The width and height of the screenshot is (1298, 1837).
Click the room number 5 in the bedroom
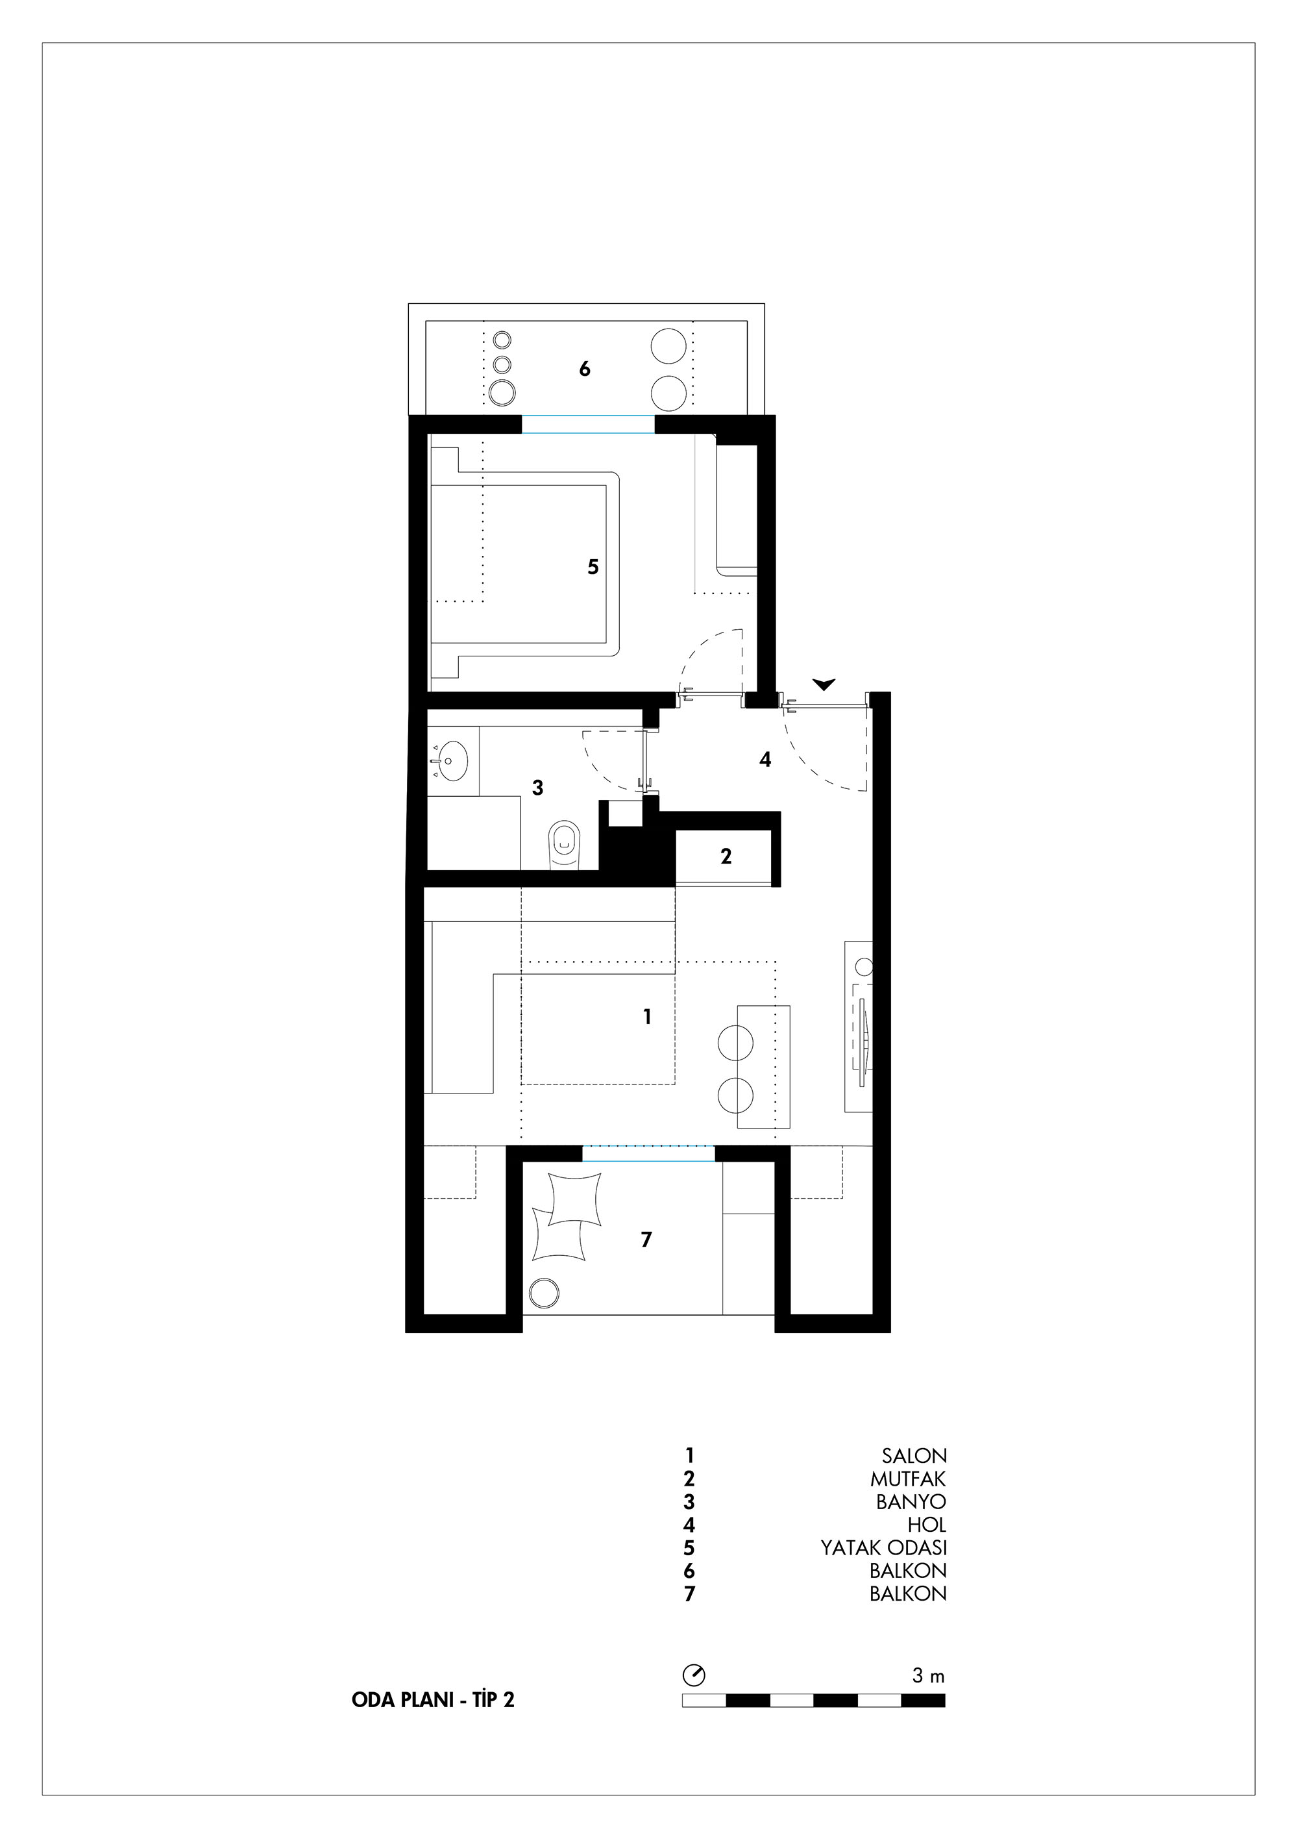(593, 568)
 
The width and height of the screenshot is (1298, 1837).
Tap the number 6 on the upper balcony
(585, 369)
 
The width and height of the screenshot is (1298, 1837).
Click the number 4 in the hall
(765, 759)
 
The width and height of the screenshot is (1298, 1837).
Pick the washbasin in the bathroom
(452, 760)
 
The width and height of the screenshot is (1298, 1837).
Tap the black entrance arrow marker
(824, 684)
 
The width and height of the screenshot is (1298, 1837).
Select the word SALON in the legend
(914, 1456)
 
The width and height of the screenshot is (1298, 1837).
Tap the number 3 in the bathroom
(537, 788)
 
